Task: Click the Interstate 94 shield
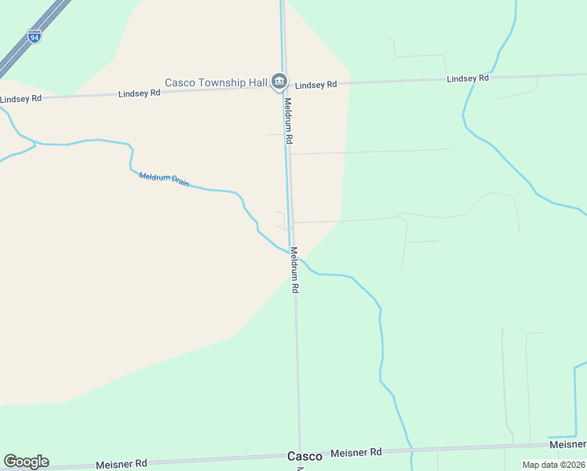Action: [34, 36]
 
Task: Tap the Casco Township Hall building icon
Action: [279, 81]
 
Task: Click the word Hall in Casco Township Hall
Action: [253, 82]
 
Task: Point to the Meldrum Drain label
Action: [164, 180]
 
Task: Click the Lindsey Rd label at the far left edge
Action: [20, 99]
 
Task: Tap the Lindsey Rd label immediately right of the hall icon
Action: [316, 85]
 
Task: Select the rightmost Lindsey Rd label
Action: [468, 78]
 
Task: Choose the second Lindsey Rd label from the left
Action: [140, 93]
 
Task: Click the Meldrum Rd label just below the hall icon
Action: [288, 120]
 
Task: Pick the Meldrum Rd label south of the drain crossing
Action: [294, 270]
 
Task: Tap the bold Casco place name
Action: [304, 456]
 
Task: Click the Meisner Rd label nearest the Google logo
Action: [122, 464]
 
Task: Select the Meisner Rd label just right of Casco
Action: [356, 453]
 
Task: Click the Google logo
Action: [26, 462]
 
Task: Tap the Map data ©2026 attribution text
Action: [553, 465]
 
